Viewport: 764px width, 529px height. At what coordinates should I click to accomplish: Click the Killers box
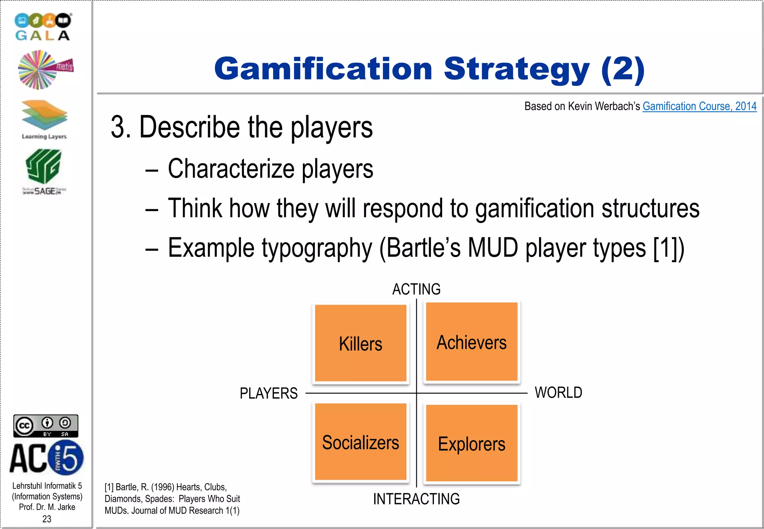[x=360, y=343]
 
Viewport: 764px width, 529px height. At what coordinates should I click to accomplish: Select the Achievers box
[x=472, y=342]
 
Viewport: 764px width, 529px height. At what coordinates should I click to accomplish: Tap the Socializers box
[x=360, y=442]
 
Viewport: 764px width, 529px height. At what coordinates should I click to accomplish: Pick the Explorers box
[x=472, y=443]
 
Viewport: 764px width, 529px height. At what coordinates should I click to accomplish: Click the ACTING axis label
[x=416, y=289]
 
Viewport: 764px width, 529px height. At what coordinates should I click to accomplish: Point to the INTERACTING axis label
[x=416, y=499]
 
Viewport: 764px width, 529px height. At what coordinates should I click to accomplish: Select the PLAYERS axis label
[x=269, y=393]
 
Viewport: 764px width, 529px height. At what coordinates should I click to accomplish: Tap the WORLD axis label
[x=558, y=392]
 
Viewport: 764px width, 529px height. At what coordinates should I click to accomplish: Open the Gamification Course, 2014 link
[x=699, y=106]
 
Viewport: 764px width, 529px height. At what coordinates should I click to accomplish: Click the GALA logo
[x=43, y=27]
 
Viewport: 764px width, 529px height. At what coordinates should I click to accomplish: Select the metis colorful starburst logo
[x=45, y=70]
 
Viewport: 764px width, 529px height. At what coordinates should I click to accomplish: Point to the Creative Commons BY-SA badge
[x=46, y=426]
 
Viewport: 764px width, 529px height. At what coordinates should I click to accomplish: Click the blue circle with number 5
[x=66, y=457]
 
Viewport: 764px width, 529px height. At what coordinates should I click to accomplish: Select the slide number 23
[x=47, y=519]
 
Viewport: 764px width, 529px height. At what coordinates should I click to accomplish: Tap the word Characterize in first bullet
[x=231, y=169]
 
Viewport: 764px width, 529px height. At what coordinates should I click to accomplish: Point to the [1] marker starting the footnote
[x=109, y=487]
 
